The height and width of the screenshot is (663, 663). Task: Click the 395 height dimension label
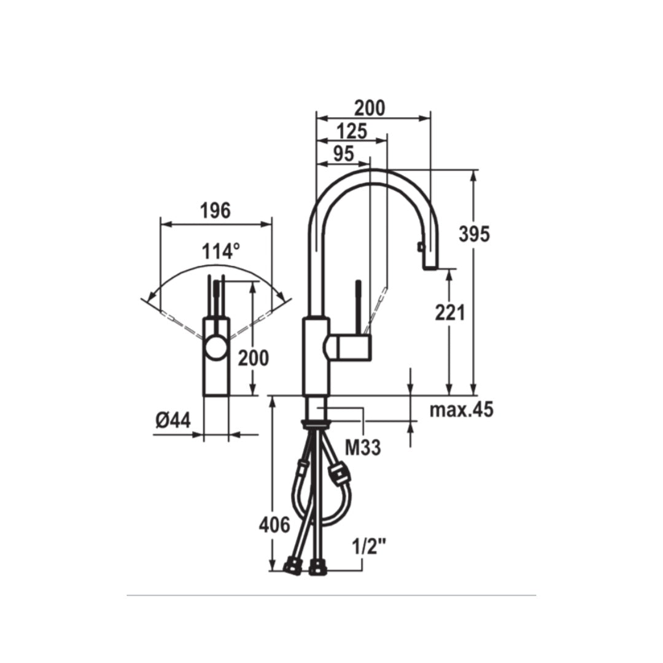tap(474, 234)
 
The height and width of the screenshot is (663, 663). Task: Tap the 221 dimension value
tap(450, 312)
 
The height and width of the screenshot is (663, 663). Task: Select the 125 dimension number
tap(352, 131)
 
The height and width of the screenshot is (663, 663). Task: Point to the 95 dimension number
tap(343, 154)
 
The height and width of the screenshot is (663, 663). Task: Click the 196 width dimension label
tap(215, 211)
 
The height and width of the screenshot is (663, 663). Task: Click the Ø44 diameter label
tap(173, 421)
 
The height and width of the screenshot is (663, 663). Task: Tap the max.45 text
tap(461, 409)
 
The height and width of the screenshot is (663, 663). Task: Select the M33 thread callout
tap(362, 448)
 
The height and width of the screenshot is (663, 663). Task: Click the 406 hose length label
tap(274, 525)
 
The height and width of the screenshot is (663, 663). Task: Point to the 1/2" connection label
tap(368, 546)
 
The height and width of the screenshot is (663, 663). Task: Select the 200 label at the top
tap(370, 108)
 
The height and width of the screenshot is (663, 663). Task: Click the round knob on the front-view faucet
tap(215, 348)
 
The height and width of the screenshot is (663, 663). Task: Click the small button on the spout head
tap(421, 247)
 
